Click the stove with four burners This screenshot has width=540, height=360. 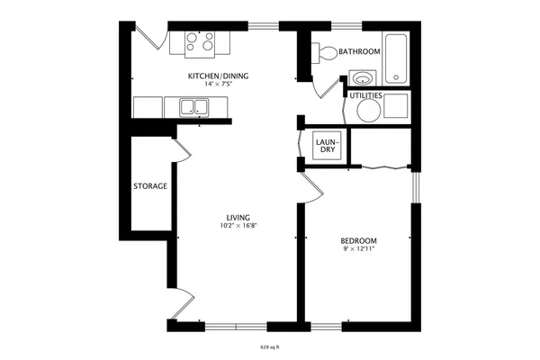[x=200, y=41]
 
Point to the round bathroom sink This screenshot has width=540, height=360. [x=363, y=77]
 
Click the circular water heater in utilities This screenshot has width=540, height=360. [x=369, y=111]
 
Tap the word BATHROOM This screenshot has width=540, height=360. [x=360, y=52]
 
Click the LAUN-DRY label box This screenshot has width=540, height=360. [x=326, y=144]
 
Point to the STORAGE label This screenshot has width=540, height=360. [x=150, y=186]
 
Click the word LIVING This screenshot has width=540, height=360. [x=238, y=217]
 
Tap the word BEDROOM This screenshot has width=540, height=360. [x=358, y=240]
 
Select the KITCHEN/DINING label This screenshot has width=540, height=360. [x=218, y=76]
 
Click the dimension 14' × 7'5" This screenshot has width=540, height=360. [x=218, y=84]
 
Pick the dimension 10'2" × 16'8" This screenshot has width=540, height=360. [x=238, y=226]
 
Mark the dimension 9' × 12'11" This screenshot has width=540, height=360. [x=358, y=249]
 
